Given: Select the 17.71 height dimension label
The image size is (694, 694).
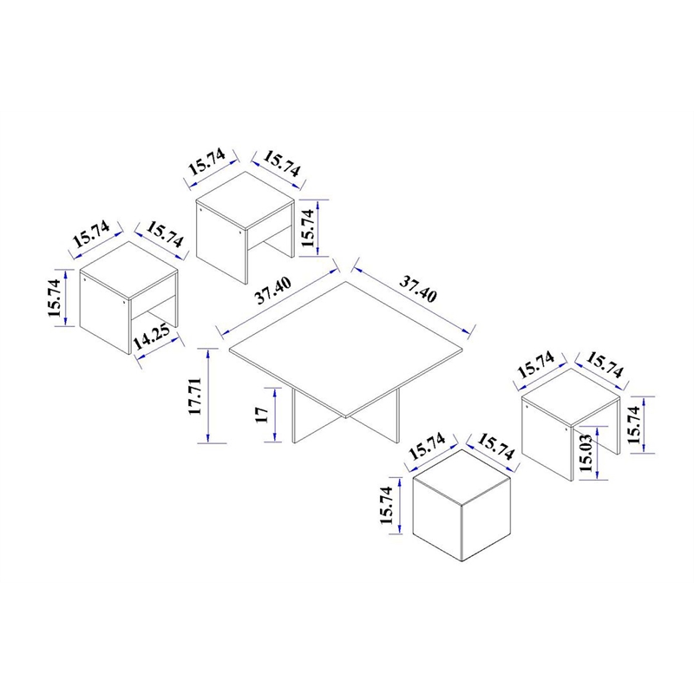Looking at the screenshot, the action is tap(195, 396).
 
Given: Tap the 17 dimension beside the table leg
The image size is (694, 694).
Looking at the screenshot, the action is tap(262, 416).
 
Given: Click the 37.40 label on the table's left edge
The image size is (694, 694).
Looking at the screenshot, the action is tap(273, 291).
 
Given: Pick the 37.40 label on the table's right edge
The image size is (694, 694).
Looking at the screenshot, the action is tap(418, 289).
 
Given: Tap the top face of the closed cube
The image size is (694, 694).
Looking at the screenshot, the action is tap(462, 477).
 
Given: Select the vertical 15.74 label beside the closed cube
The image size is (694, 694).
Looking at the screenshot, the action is tap(386, 506).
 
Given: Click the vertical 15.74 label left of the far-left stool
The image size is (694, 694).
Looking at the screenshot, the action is tap(54, 298).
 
